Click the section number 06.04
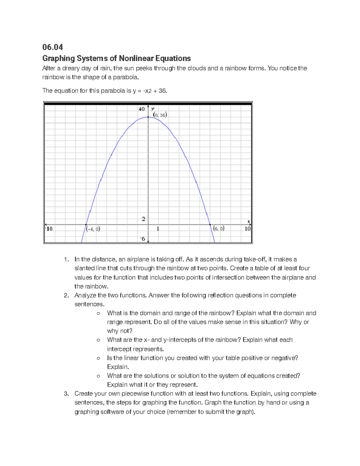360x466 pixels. point(52,47)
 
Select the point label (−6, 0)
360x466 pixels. point(93,229)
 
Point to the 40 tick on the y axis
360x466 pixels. point(142,109)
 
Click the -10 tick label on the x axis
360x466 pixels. point(49,229)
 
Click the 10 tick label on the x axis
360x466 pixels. point(247,229)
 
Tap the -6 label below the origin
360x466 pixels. point(142,239)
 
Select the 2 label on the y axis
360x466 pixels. point(143,219)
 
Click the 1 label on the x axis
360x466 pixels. point(158,229)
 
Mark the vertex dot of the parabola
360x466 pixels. point(148,117)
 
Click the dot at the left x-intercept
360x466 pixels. point(86,224)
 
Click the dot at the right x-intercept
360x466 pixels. point(210,224)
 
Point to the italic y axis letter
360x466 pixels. point(153,109)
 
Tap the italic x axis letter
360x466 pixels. point(248,221)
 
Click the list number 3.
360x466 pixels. point(66,394)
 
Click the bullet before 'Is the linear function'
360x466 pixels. point(98,358)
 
